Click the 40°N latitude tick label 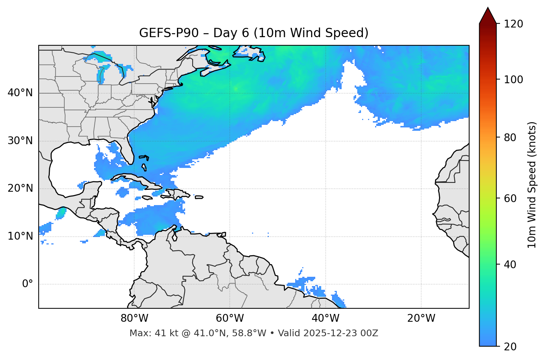pos(20,93)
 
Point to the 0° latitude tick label pos(28,284)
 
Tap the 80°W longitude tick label pos(134,318)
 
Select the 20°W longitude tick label pos(421,318)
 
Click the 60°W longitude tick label pos(230,318)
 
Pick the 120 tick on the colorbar pos(513,24)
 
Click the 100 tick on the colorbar pos(513,80)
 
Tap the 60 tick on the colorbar pos(510,198)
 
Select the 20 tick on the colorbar pos(510,347)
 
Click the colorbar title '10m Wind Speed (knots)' pos(532,185)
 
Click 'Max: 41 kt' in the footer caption pos(149,333)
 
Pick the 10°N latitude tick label pos(20,236)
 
